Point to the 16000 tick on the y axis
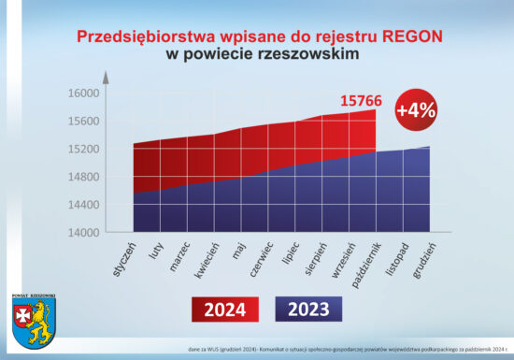tap(83, 94)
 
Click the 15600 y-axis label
tap(83, 122)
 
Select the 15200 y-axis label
tap(83, 149)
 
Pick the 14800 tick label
tap(83, 177)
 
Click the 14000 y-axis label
tap(83, 232)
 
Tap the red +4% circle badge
tap(416, 108)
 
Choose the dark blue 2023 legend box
tap(309, 309)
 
